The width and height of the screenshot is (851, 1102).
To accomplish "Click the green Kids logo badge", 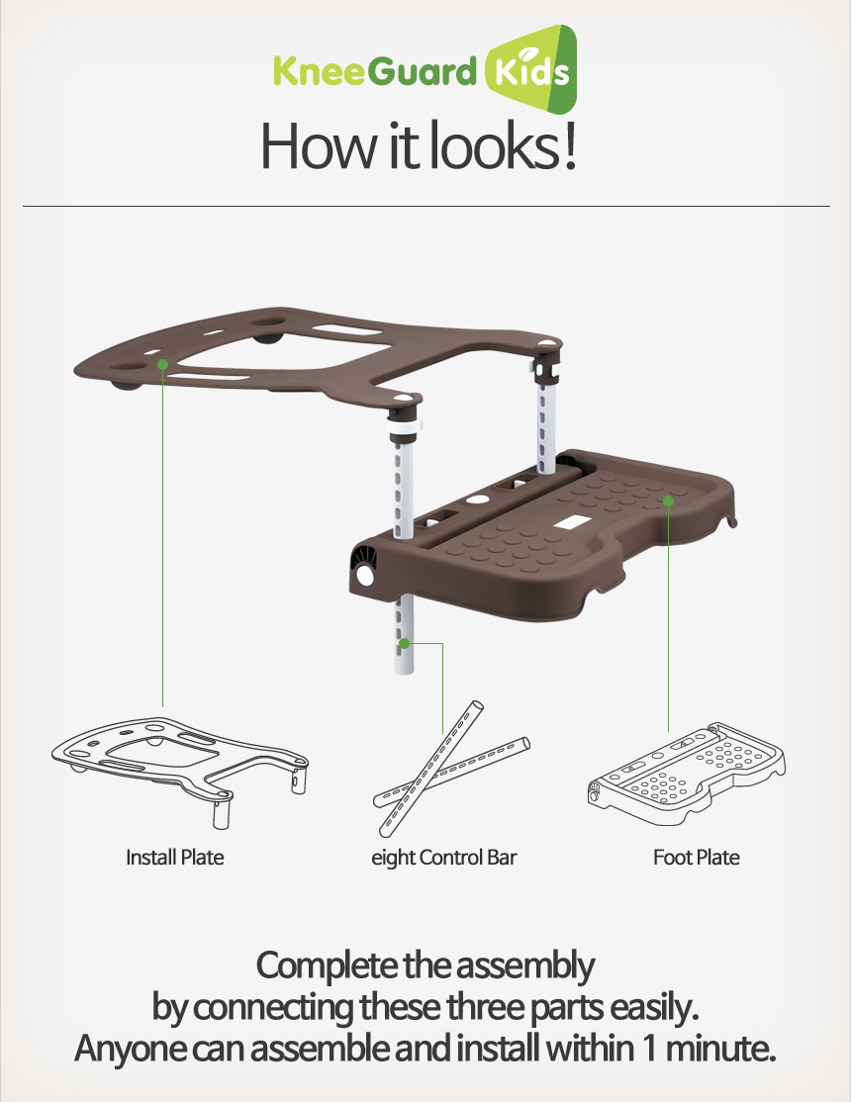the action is coord(531,70).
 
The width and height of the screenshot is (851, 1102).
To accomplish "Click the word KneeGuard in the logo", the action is coord(375,71).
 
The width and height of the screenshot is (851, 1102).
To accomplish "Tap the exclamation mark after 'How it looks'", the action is coord(570,145).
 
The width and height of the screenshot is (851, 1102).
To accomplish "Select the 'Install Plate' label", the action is coord(175,858).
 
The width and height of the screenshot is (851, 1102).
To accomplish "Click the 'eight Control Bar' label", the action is coord(443,858).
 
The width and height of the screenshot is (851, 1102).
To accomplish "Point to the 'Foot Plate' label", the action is coord(697,858).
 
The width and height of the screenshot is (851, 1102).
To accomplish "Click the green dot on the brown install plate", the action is coord(162,364).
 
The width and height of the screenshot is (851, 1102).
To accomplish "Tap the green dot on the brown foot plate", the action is coord(668,501).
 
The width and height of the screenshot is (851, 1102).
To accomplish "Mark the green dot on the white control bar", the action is coord(405,643).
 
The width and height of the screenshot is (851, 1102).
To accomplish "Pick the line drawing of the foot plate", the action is coord(687,774).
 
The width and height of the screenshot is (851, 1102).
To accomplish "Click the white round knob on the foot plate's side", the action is coord(366,576).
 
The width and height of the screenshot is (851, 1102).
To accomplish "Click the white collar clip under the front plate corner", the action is coord(405,426).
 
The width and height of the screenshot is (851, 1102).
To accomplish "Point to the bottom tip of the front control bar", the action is coord(404,672).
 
